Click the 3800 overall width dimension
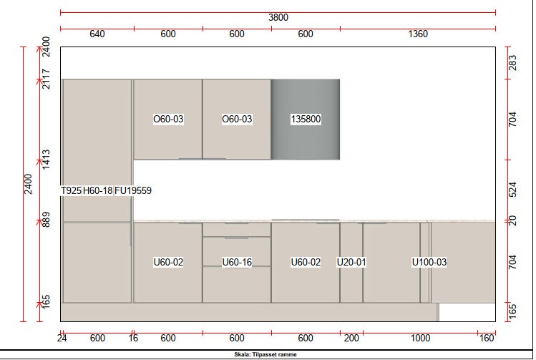pyautogui.click(x=278, y=17)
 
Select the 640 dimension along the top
pyautogui.click(x=97, y=34)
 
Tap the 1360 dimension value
pyautogui.click(x=418, y=34)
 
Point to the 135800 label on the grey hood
pyautogui.click(x=306, y=119)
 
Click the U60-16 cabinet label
pyautogui.click(x=237, y=262)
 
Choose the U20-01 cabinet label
pyautogui.click(x=351, y=262)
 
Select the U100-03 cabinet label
pyautogui.click(x=429, y=262)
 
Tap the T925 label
pyautogui.click(x=71, y=190)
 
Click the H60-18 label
pyautogui.click(x=98, y=190)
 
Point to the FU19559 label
pyautogui.click(x=133, y=190)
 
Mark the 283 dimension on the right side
pyautogui.click(x=513, y=63)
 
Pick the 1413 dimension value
pyautogui.click(x=46, y=160)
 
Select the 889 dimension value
pyautogui.click(x=46, y=220)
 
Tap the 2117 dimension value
pyautogui.click(x=46, y=79)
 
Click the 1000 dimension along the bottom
pyautogui.click(x=420, y=338)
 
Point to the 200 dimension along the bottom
pyautogui.click(x=351, y=338)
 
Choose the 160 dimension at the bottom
pyautogui.click(x=487, y=338)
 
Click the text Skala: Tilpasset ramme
pyautogui.click(x=265, y=354)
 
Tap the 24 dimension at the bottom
pyautogui.click(x=62, y=338)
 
